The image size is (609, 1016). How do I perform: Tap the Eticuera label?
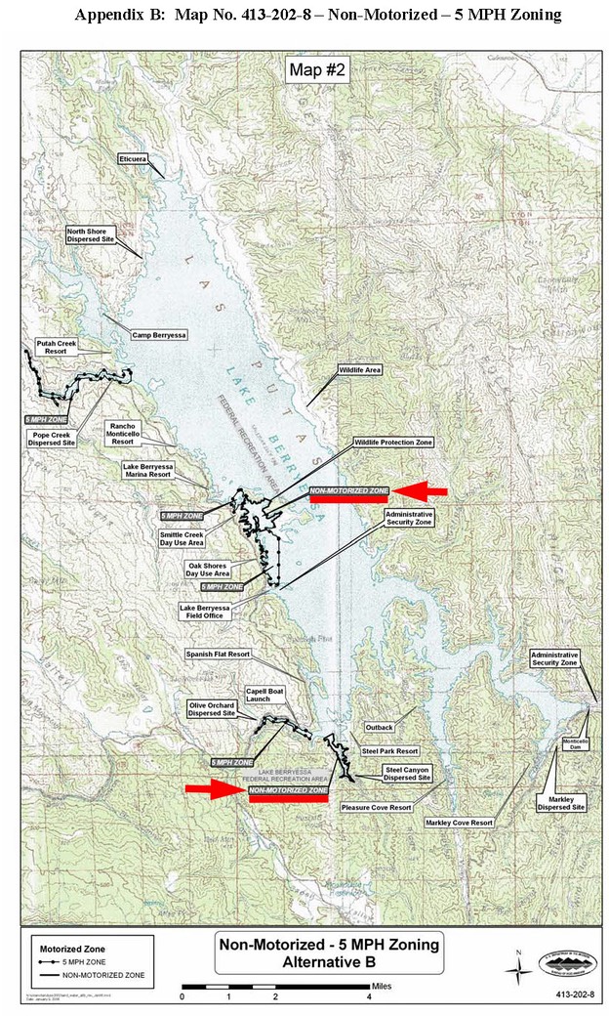tap(131, 157)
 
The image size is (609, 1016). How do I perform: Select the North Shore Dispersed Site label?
tap(91, 234)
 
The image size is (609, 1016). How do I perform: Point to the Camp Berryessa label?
tap(158, 334)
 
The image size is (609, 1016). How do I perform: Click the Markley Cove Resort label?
tap(459, 824)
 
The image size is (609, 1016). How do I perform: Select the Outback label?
tap(379, 728)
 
